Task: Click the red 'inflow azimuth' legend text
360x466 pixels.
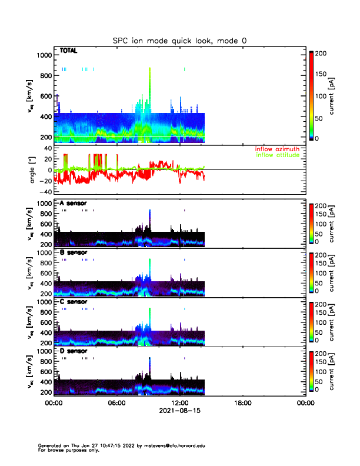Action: [x=277, y=149]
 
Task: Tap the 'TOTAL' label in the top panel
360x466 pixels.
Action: [x=69, y=52]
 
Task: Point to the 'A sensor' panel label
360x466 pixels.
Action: [x=74, y=203]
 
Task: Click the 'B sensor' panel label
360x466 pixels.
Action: [x=74, y=252]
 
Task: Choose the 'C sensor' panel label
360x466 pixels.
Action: [x=74, y=302]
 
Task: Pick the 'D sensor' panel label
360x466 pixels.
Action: [x=74, y=351]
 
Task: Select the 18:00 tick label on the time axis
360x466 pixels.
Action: [x=242, y=404]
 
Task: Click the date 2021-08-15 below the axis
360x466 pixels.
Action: [x=179, y=411]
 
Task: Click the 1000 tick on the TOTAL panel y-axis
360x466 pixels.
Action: [x=44, y=55]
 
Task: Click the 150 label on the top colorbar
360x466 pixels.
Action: [x=323, y=74]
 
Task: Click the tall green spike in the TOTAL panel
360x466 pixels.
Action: [x=150, y=88]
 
